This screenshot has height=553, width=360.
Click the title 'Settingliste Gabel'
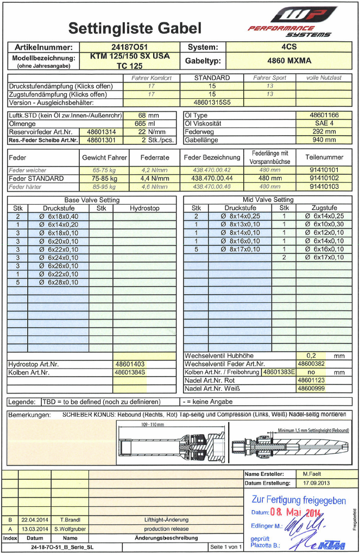click(x=135, y=28)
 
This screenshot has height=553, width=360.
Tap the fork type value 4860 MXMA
click(x=289, y=61)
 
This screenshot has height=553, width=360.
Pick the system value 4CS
click(x=289, y=47)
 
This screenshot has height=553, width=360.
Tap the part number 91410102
click(x=324, y=178)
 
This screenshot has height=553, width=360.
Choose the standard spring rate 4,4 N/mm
click(x=155, y=178)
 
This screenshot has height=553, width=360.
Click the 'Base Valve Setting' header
click(x=91, y=200)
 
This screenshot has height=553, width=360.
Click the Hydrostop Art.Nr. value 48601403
click(x=129, y=364)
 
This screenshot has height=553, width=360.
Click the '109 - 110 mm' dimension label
click(x=152, y=424)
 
